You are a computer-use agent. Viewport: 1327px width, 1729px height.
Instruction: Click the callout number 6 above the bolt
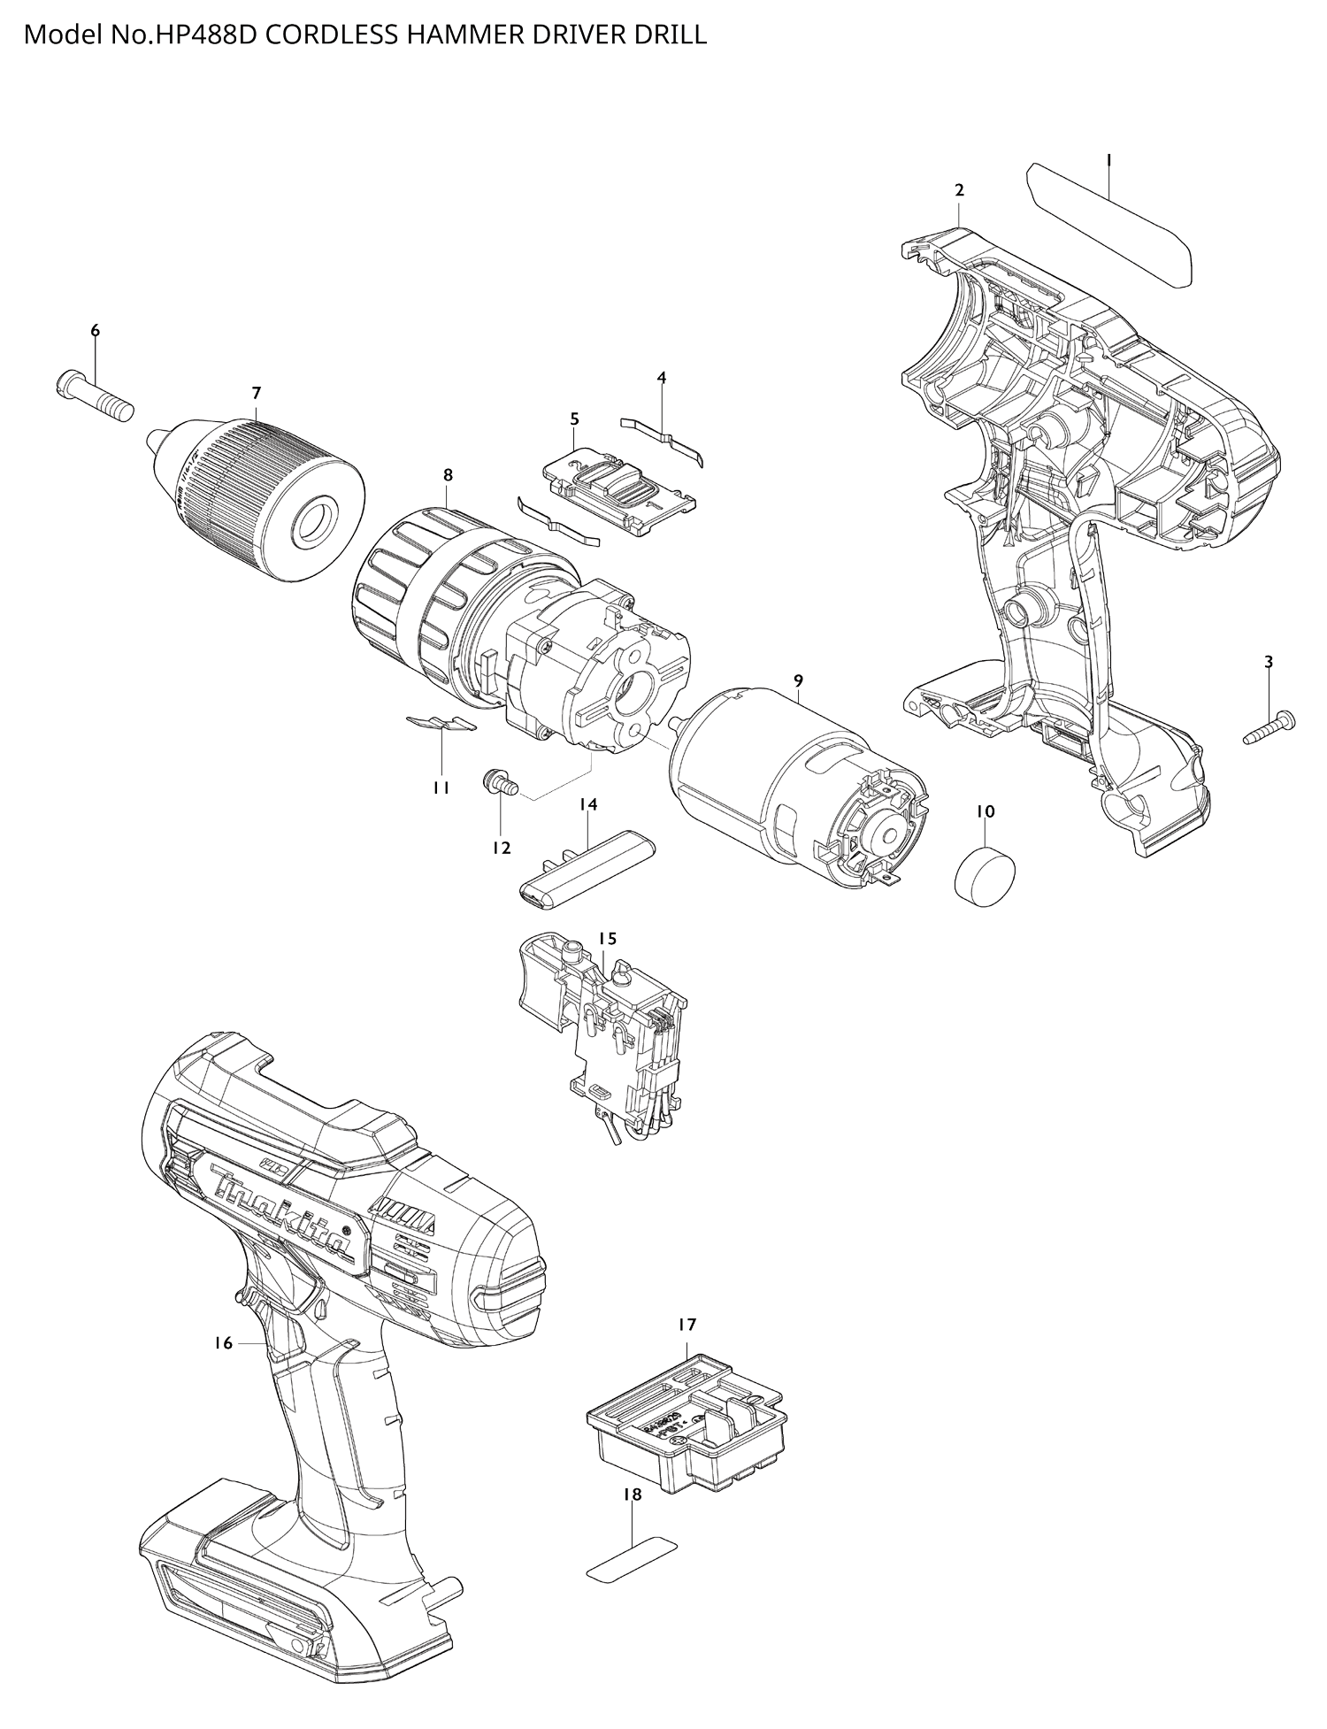click(95, 330)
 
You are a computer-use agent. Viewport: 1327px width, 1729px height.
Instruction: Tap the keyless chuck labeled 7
click(257, 500)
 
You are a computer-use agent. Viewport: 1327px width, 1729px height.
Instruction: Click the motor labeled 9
click(796, 788)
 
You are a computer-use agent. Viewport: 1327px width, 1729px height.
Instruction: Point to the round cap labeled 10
click(985, 872)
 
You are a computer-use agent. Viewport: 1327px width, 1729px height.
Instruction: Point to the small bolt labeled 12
click(502, 782)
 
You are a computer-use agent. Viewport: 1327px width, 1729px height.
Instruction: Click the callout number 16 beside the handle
click(223, 1343)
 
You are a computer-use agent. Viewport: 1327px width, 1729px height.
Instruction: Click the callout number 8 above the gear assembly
click(449, 475)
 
